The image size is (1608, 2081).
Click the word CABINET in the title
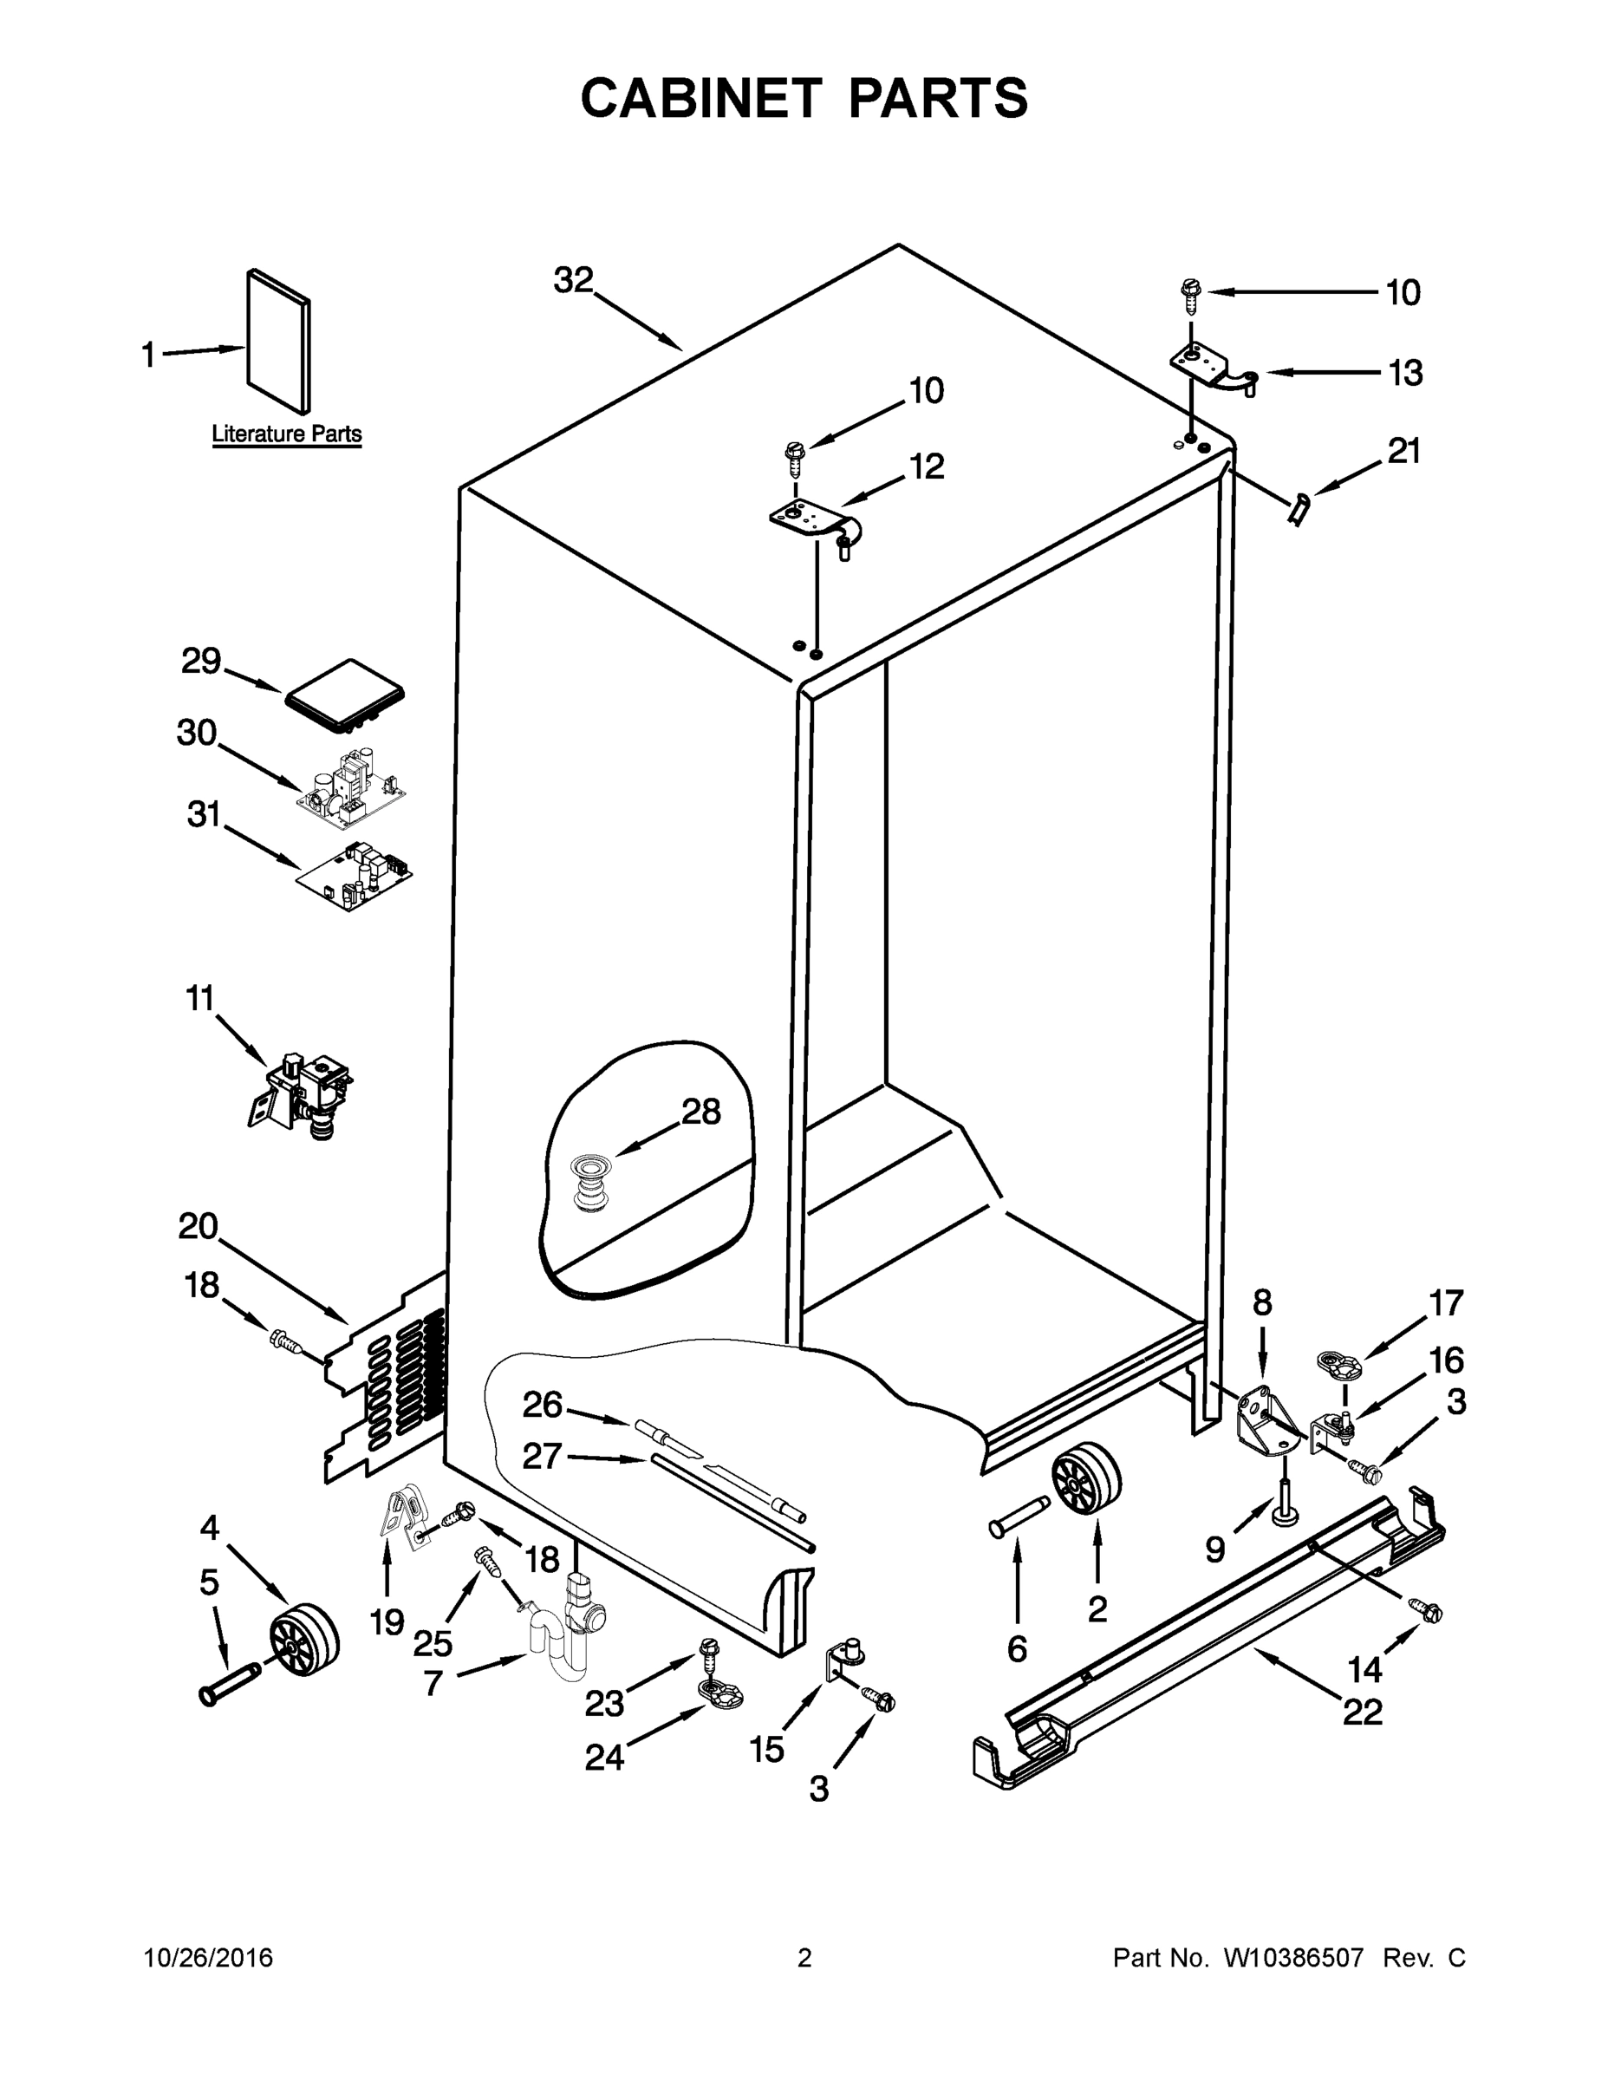700,98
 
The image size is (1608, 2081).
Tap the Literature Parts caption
287,434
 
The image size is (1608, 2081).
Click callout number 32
574,280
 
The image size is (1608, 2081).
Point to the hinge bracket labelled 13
1210,367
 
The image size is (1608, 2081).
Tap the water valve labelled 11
301,1097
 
